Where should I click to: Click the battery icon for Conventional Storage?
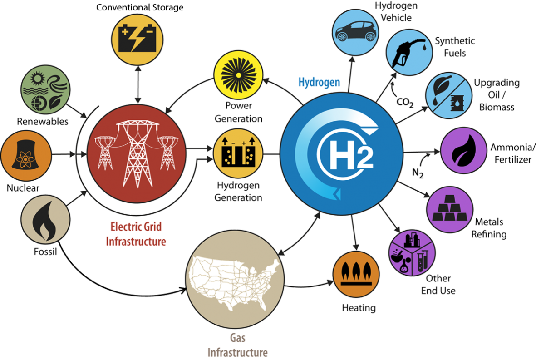click(x=138, y=39)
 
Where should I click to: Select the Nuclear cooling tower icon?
click(x=26, y=155)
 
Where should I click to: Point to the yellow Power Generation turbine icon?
click(x=238, y=75)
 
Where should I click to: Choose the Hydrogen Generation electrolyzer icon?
click(x=238, y=153)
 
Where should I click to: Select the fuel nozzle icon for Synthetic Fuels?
click(x=409, y=52)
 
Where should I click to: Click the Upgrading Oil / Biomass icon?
click(x=448, y=95)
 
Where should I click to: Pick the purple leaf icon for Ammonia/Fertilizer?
click(x=463, y=150)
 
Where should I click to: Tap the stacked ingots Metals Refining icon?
click(x=450, y=210)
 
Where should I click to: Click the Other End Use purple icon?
click(x=413, y=253)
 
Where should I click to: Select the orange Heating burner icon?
click(x=356, y=274)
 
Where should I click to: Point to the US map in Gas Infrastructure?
click(x=236, y=279)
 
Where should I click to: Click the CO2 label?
click(x=405, y=102)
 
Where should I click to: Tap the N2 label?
click(x=418, y=173)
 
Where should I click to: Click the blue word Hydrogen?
click(x=319, y=82)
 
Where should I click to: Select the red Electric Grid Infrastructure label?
click(x=136, y=234)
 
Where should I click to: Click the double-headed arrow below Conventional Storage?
click(x=138, y=84)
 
